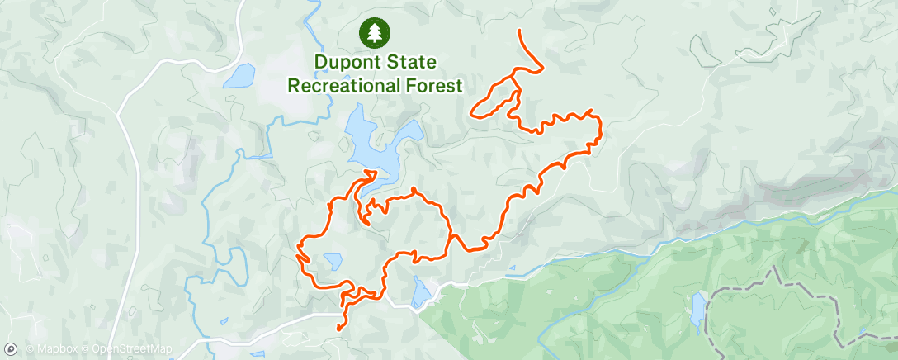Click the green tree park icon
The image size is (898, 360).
[375, 32]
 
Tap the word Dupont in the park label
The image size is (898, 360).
[347, 61]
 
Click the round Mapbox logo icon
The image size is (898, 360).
[11, 349]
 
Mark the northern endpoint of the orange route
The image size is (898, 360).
[519, 31]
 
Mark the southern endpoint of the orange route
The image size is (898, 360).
[339, 329]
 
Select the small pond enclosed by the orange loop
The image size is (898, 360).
[333, 262]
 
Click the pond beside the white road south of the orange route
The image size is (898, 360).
[420, 290]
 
